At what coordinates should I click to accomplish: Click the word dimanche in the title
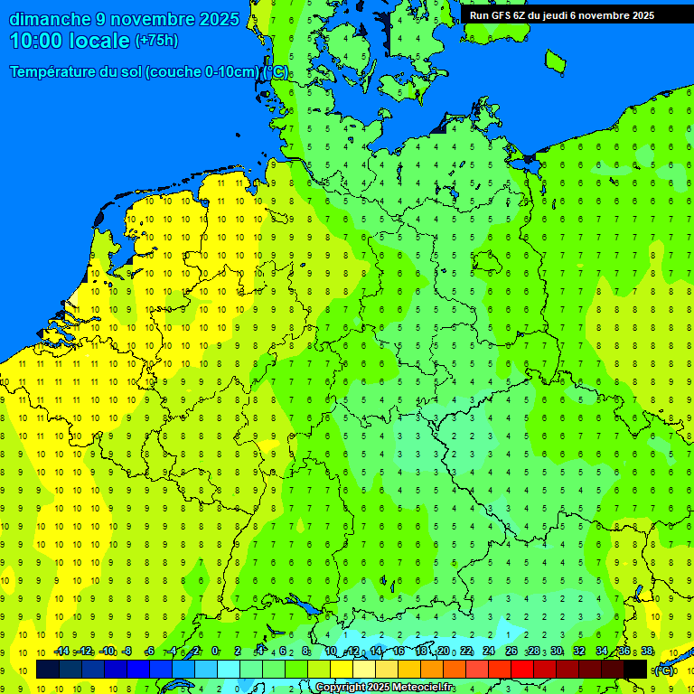(x=49, y=19)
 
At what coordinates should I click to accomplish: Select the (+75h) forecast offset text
(x=156, y=41)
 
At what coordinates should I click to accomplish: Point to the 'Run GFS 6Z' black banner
(x=560, y=14)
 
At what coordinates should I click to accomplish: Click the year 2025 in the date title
(x=218, y=19)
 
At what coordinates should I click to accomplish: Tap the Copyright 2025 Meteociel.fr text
(x=384, y=688)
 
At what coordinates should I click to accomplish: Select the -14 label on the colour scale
(x=61, y=652)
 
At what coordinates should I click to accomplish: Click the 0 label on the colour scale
(x=215, y=652)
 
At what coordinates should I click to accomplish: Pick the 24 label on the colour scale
(x=489, y=652)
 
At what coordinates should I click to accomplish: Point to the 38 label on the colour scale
(x=647, y=652)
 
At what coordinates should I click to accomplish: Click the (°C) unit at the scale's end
(x=664, y=670)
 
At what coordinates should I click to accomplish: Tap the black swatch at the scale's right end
(x=635, y=670)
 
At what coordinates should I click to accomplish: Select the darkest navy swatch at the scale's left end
(x=48, y=670)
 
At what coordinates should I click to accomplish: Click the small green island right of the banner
(x=555, y=60)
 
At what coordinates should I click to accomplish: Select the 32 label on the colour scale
(x=579, y=652)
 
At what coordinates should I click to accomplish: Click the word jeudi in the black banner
(x=558, y=15)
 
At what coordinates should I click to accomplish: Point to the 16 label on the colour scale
(x=399, y=652)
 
